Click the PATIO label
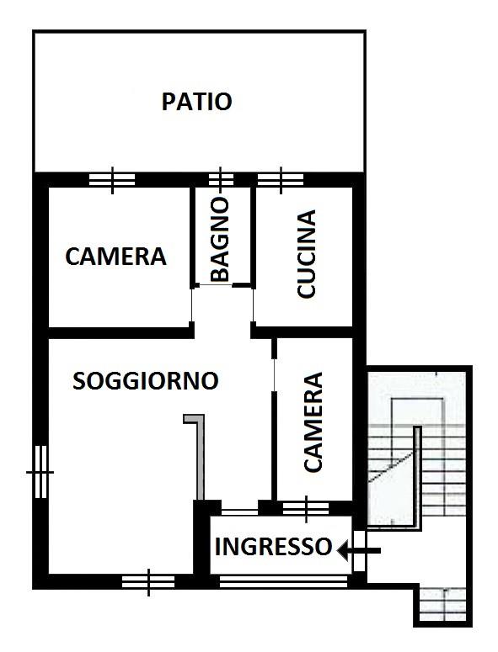coord(196,102)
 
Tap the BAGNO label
coord(220,240)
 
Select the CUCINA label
coord(307,254)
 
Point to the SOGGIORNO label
coord(146,380)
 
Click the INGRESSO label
coord(273,546)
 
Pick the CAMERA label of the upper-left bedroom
coord(115,256)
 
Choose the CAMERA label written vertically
coord(313,422)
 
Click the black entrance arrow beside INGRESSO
coord(359,551)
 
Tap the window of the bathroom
coord(220,180)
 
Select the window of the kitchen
coord(281,180)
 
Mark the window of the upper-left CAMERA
coord(112,180)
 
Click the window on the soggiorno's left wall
coord(40,472)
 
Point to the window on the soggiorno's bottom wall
coord(148,581)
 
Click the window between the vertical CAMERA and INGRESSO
coord(306,508)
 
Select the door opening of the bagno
coord(213,285)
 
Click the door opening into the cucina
coord(253,305)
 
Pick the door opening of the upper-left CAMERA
coord(192,305)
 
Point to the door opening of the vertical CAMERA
coord(274,374)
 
